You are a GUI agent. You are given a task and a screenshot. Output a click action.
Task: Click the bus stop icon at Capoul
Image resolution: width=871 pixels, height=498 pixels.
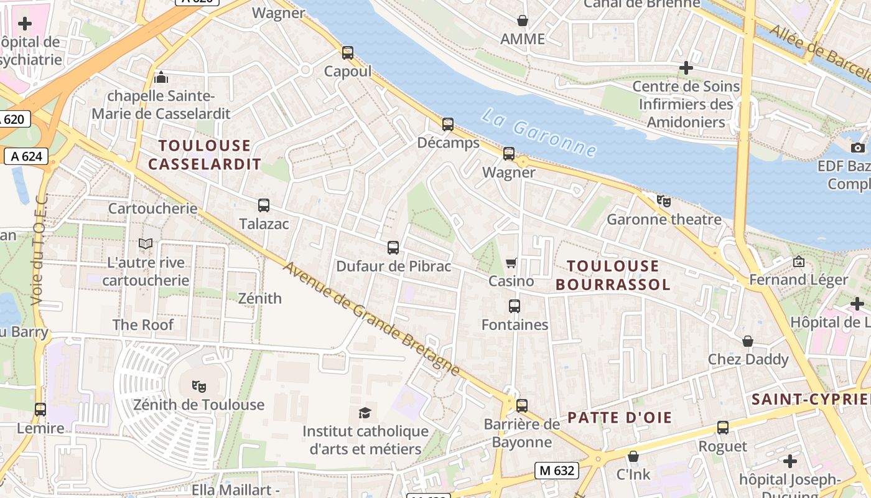tap(348, 53)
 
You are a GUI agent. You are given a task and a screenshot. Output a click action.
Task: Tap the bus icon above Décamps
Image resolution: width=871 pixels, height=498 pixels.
tap(448, 124)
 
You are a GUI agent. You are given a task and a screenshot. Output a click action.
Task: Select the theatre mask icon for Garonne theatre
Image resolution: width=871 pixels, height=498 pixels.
tap(664, 200)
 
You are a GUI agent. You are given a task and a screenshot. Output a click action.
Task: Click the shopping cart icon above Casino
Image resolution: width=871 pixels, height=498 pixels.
tap(511, 263)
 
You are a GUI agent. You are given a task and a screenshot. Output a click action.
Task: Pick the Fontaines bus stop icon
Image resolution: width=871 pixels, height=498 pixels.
tap(515, 306)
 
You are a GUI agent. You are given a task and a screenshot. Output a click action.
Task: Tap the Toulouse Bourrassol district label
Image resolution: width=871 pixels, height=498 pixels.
tap(613, 275)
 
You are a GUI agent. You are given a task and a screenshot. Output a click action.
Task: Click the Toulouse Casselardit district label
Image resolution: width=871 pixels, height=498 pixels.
tap(204, 155)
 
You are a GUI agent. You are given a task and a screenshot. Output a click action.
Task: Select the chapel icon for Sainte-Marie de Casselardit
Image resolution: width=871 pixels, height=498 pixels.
tap(161, 78)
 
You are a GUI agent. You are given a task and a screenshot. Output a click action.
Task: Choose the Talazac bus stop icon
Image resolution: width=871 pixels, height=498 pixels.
tap(264, 205)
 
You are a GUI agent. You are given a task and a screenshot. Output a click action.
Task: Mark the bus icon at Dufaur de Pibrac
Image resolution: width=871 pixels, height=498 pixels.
tap(393, 248)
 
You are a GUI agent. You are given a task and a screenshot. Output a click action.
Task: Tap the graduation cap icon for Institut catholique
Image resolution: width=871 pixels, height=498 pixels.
tap(365, 412)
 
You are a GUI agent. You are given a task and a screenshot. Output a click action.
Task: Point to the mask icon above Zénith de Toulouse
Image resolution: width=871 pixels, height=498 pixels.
tap(199, 386)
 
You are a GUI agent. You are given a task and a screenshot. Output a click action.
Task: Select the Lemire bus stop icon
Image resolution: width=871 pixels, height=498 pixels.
tap(40, 409)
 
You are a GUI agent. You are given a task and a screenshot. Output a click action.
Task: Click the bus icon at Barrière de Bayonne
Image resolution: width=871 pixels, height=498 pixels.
tap(522, 405)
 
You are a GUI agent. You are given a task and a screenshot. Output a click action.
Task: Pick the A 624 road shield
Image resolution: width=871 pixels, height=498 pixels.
tap(27, 156)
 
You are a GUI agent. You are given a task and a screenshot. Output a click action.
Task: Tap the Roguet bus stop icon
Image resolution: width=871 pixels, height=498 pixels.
tap(723, 428)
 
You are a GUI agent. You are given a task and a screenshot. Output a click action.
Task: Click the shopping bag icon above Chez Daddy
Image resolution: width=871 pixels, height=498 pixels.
tap(748, 341)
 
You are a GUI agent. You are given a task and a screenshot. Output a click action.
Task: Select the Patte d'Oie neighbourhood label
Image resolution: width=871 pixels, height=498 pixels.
tap(620, 417)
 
